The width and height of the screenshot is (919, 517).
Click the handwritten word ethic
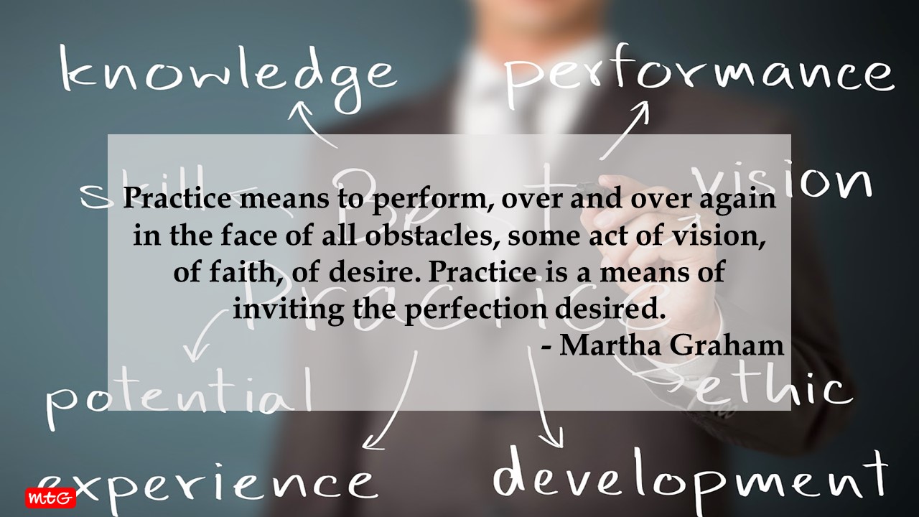pos(775,388)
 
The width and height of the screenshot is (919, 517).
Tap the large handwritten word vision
pos(783,180)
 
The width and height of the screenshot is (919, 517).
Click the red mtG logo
pos(50,498)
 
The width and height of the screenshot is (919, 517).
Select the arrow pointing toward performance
pos(625,129)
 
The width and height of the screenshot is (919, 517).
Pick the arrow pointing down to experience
pos(391,402)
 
